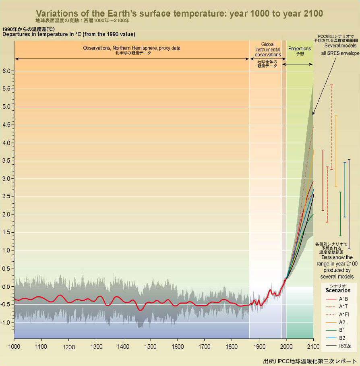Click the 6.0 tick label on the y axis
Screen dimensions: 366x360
7,71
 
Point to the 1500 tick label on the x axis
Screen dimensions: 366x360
150,346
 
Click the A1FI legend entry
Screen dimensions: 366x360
343,314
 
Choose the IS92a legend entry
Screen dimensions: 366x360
345,345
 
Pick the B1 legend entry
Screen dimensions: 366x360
342,330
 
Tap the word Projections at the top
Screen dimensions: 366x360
300,49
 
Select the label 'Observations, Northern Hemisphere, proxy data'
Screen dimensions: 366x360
132,48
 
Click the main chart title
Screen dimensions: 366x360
180,13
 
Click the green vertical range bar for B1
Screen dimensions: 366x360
340,213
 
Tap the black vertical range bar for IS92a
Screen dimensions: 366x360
349,204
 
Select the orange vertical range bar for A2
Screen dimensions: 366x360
336,151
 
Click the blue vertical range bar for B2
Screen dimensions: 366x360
345,189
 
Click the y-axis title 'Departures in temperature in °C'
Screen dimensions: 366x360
68,34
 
